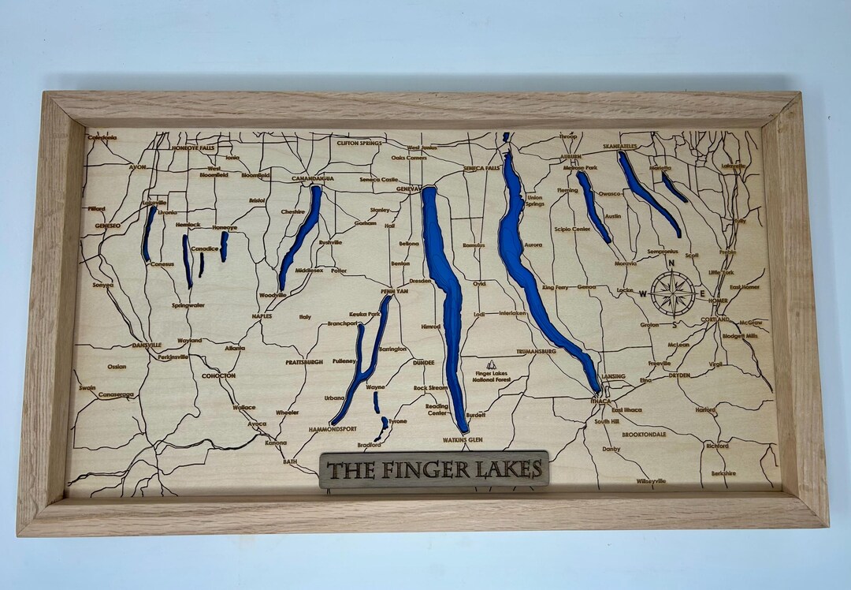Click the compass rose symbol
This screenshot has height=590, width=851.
click(672, 293)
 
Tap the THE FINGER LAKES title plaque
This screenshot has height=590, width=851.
click(434, 470)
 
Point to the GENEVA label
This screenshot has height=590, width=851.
click(407, 189)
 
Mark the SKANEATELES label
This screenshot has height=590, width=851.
click(619, 147)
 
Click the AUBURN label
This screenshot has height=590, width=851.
click(570, 157)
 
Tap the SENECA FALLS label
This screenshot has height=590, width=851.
click(481, 168)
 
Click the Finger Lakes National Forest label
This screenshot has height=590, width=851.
click(492, 375)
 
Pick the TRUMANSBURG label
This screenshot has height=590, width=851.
click(537, 351)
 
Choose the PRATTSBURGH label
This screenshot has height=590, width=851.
click(304, 362)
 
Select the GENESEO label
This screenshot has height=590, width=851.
click(107, 226)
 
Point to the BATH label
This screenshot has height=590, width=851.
click(290, 461)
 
